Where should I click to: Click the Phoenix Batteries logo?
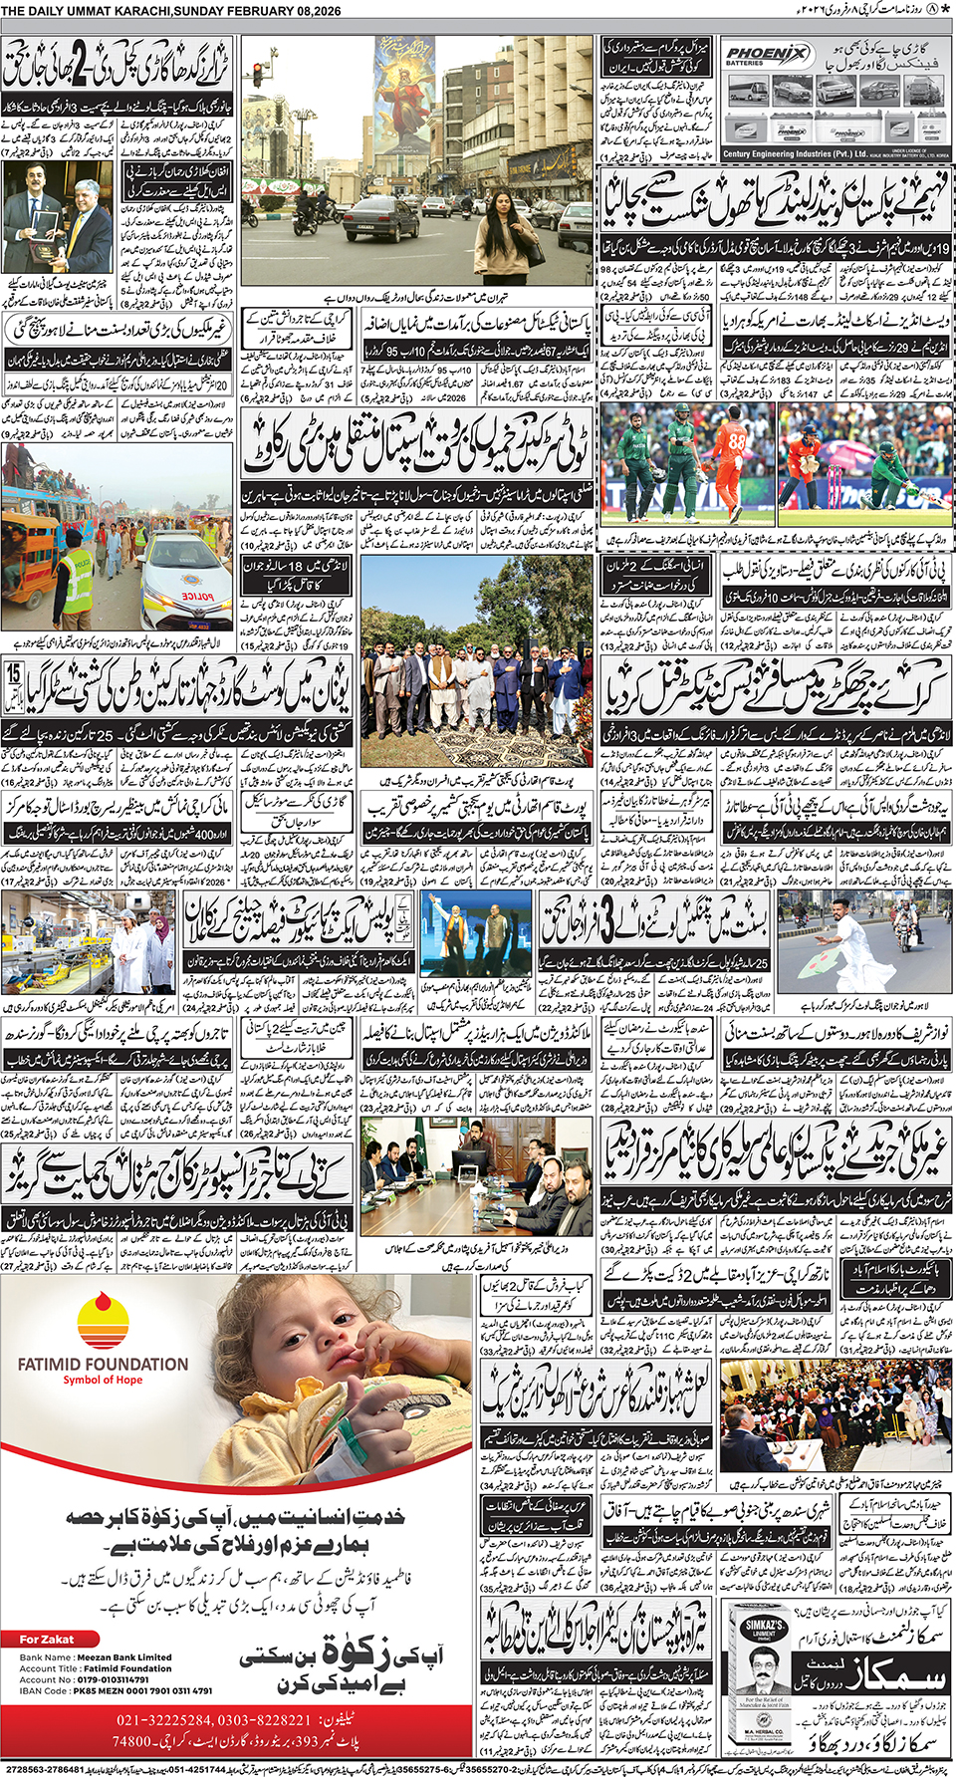pos(767,55)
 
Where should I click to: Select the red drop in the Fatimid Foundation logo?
pos(103,1309)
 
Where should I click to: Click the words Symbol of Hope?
pos(103,1381)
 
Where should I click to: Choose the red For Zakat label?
pos(47,1639)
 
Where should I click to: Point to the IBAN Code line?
pos(116,1690)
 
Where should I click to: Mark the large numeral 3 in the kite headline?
pos(606,919)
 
